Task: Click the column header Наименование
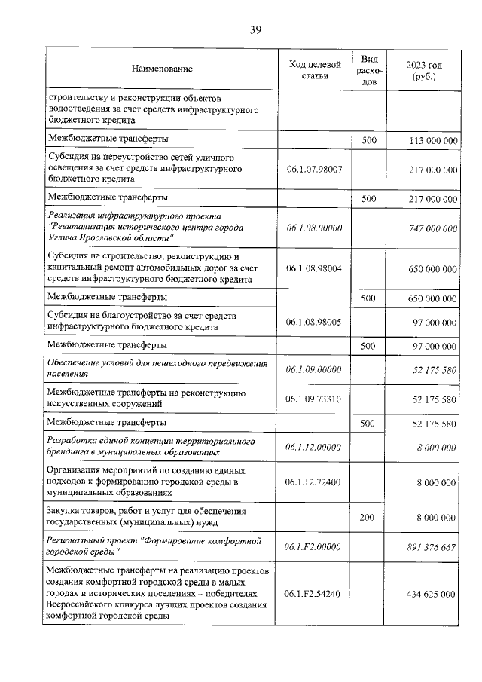[x=162, y=69]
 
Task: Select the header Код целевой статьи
[x=315, y=69]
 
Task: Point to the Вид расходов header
[x=368, y=69]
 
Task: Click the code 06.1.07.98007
[x=315, y=170]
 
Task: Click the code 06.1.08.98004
[x=315, y=268]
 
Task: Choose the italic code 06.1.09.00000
[x=315, y=369]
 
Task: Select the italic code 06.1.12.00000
[x=315, y=447]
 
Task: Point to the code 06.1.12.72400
[x=315, y=481]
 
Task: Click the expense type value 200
[x=368, y=518]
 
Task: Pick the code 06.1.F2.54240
[x=315, y=594]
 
